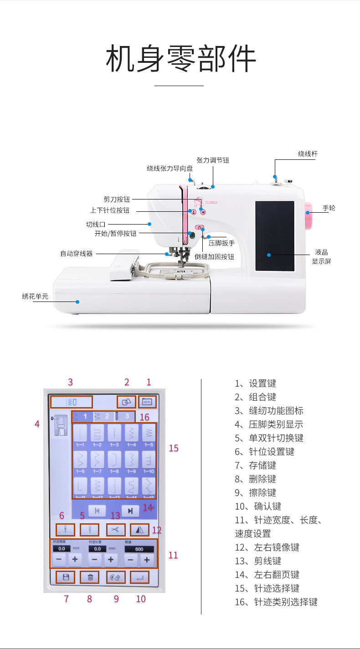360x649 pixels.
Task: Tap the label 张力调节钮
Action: click(x=212, y=160)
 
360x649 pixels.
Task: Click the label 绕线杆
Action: click(x=308, y=154)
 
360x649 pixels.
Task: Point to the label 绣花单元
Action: click(x=35, y=296)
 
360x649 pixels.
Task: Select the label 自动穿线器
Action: click(x=76, y=253)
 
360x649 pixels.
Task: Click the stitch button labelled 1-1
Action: click(x=81, y=434)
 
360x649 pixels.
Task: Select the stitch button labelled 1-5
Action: click(x=149, y=434)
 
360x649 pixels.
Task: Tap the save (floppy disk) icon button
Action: click(x=66, y=577)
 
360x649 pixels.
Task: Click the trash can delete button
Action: click(x=90, y=577)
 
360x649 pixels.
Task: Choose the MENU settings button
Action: click(x=147, y=402)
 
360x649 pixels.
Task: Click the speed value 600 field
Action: click(x=139, y=549)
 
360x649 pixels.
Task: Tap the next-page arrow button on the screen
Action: click(x=130, y=511)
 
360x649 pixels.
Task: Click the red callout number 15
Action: click(x=174, y=448)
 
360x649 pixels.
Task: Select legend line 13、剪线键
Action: click(x=258, y=561)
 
